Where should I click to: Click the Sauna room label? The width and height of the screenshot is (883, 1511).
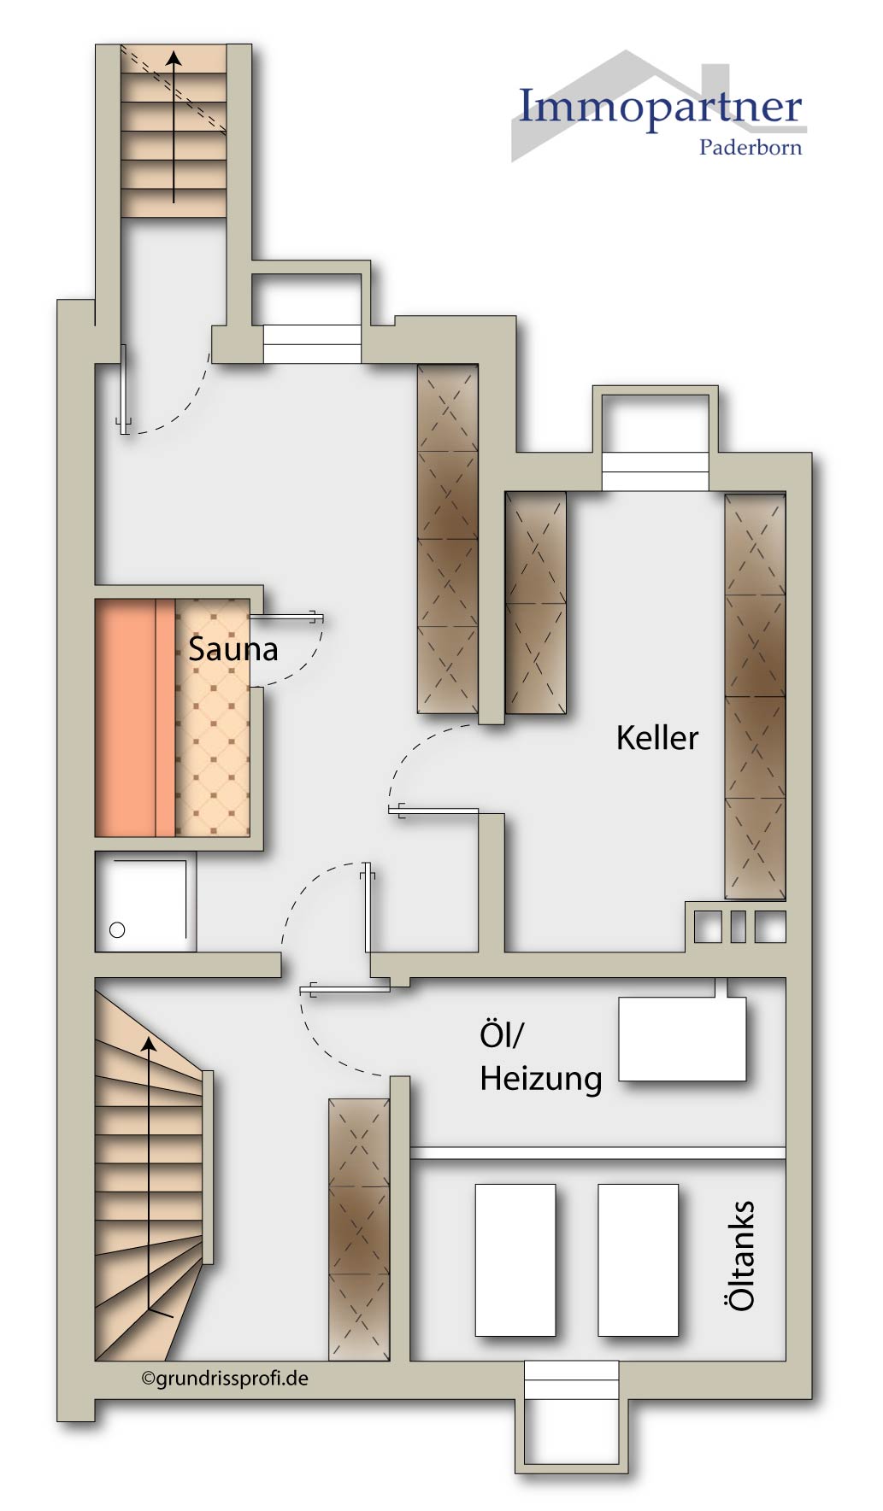233,649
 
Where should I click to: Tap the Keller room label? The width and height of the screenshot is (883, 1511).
656,738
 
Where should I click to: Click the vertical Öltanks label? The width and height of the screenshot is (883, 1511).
740,1255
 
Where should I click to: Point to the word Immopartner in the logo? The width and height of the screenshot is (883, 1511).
660,108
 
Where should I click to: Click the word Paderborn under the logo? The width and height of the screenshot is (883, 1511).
750,148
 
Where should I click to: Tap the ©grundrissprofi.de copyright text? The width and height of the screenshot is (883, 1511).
225,1378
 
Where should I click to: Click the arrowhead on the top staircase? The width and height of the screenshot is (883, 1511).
174,58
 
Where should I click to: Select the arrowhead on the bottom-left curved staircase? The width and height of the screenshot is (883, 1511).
149,1044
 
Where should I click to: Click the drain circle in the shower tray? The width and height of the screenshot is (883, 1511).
118,930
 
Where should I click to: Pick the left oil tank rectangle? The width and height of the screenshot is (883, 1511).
515,1260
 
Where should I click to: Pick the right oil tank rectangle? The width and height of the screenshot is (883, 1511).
638,1260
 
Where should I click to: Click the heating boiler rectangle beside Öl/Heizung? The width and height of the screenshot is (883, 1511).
682,1039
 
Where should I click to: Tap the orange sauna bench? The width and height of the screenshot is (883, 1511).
135,717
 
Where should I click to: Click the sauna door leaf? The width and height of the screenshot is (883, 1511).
286,616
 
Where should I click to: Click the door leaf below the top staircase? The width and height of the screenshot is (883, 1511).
125,389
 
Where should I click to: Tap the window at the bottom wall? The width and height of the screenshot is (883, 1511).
571,1380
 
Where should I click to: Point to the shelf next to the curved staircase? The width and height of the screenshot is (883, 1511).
359,1229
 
